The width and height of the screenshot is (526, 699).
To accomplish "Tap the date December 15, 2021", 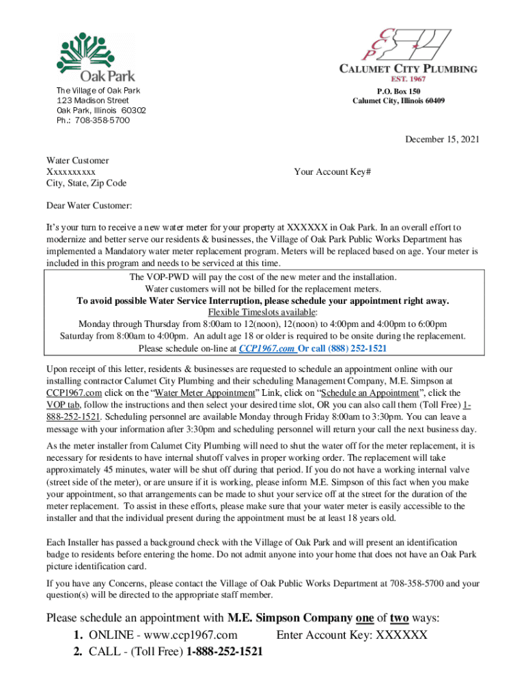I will pos(442,139).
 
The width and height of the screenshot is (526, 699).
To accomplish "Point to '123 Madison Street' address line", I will pos(92,100).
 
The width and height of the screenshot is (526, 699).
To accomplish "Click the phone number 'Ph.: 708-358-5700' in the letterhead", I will pos(93,120).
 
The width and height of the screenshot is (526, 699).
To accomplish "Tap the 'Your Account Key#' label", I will pos(333,172).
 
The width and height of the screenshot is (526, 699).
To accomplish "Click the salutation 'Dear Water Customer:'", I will pos(89,205).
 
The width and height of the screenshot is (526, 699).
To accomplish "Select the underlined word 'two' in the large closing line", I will pos(399,618).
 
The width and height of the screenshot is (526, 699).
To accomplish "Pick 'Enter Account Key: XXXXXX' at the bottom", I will pos(352,636).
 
